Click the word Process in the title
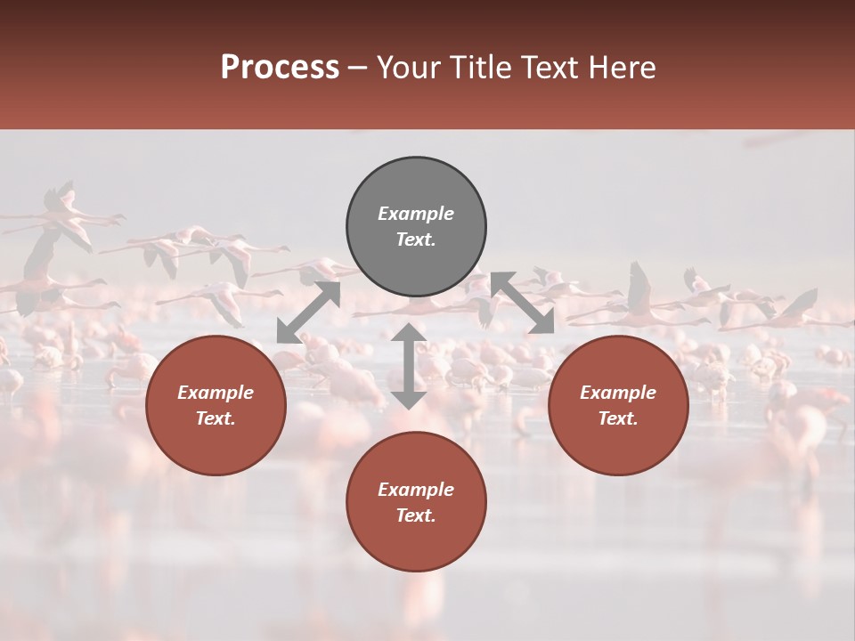point(280,68)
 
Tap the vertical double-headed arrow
point(409,366)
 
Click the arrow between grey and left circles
point(309,312)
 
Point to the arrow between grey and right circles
point(522,303)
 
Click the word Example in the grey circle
point(416,214)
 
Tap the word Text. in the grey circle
point(416,239)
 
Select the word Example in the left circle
point(216,393)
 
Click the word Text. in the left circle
point(216,418)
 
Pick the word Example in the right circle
point(618,393)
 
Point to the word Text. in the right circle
point(618,418)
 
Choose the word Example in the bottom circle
point(416,490)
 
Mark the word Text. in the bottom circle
point(416,515)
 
